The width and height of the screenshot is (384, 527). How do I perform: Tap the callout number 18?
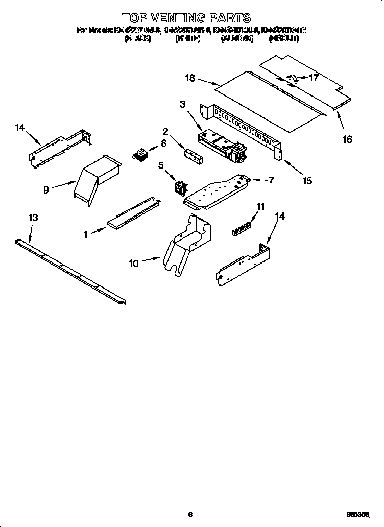[190, 78]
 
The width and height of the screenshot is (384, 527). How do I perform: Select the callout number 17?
[314, 78]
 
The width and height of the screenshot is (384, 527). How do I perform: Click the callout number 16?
[347, 139]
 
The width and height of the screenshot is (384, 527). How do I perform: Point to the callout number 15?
[307, 180]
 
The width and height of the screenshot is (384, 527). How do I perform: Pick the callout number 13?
[33, 218]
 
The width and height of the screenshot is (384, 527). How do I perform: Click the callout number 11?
[260, 207]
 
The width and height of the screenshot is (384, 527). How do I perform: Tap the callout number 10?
[133, 263]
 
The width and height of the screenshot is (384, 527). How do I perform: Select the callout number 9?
[46, 189]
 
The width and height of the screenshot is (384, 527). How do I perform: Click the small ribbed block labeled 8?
[139, 154]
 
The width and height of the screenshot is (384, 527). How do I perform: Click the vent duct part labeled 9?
[97, 179]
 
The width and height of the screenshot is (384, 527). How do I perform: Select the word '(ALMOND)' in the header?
[237, 38]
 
